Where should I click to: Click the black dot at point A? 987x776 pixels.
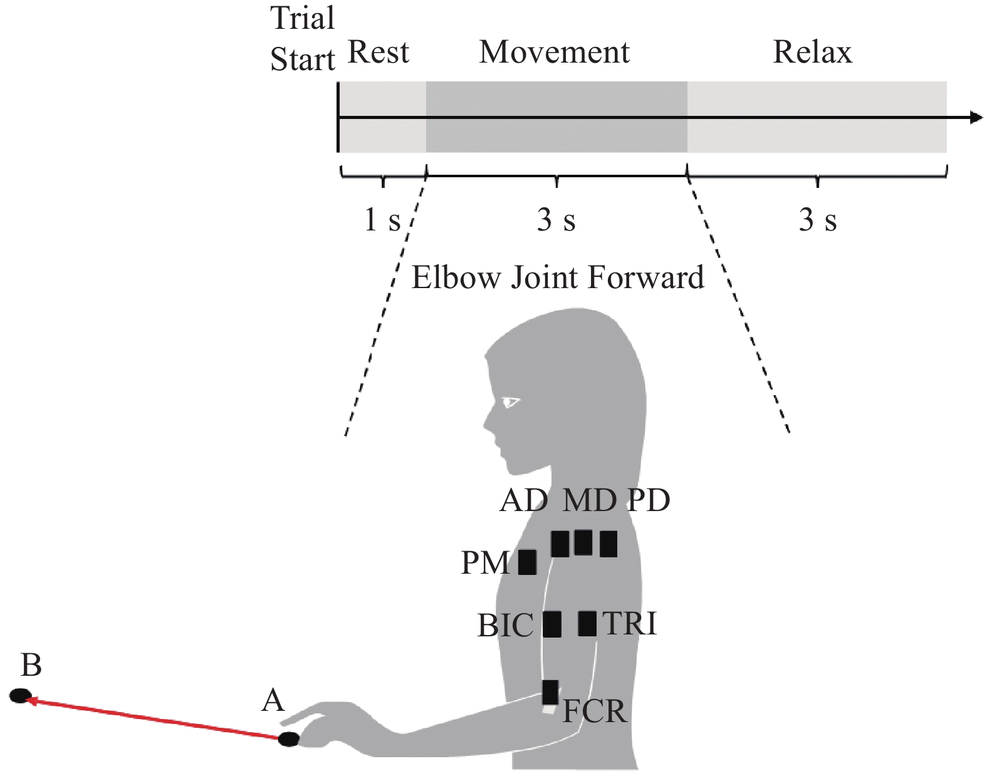click(x=289, y=739)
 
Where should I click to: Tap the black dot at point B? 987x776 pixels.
click(x=21, y=695)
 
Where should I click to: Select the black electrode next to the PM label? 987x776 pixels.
click(x=527, y=562)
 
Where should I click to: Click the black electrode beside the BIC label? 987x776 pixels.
click(x=552, y=624)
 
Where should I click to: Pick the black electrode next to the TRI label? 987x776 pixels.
click(x=587, y=623)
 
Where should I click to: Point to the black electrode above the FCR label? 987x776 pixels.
click(x=550, y=692)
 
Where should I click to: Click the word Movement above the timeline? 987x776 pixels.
click(x=554, y=52)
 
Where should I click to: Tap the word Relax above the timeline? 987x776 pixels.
click(x=812, y=52)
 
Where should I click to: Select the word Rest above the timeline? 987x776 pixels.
click(x=378, y=52)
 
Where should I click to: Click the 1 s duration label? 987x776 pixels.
click(x=382, y=220)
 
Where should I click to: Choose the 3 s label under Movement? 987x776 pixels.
click(x=556, y=220)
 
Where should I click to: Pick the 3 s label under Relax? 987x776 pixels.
click(x=817, y=220)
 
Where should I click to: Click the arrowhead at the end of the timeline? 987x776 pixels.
click(x=976, y=117)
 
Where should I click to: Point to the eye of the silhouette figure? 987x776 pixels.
click(x=511, y=401)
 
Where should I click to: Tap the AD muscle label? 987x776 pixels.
click(x=524, y=500)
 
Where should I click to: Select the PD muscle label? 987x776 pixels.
click(x=649, y=500)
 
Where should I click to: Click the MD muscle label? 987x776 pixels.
click(x=589, y=500)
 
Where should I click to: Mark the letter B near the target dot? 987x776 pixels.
click(x=31, y=665)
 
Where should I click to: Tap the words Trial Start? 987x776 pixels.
click(x=303, y=39)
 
